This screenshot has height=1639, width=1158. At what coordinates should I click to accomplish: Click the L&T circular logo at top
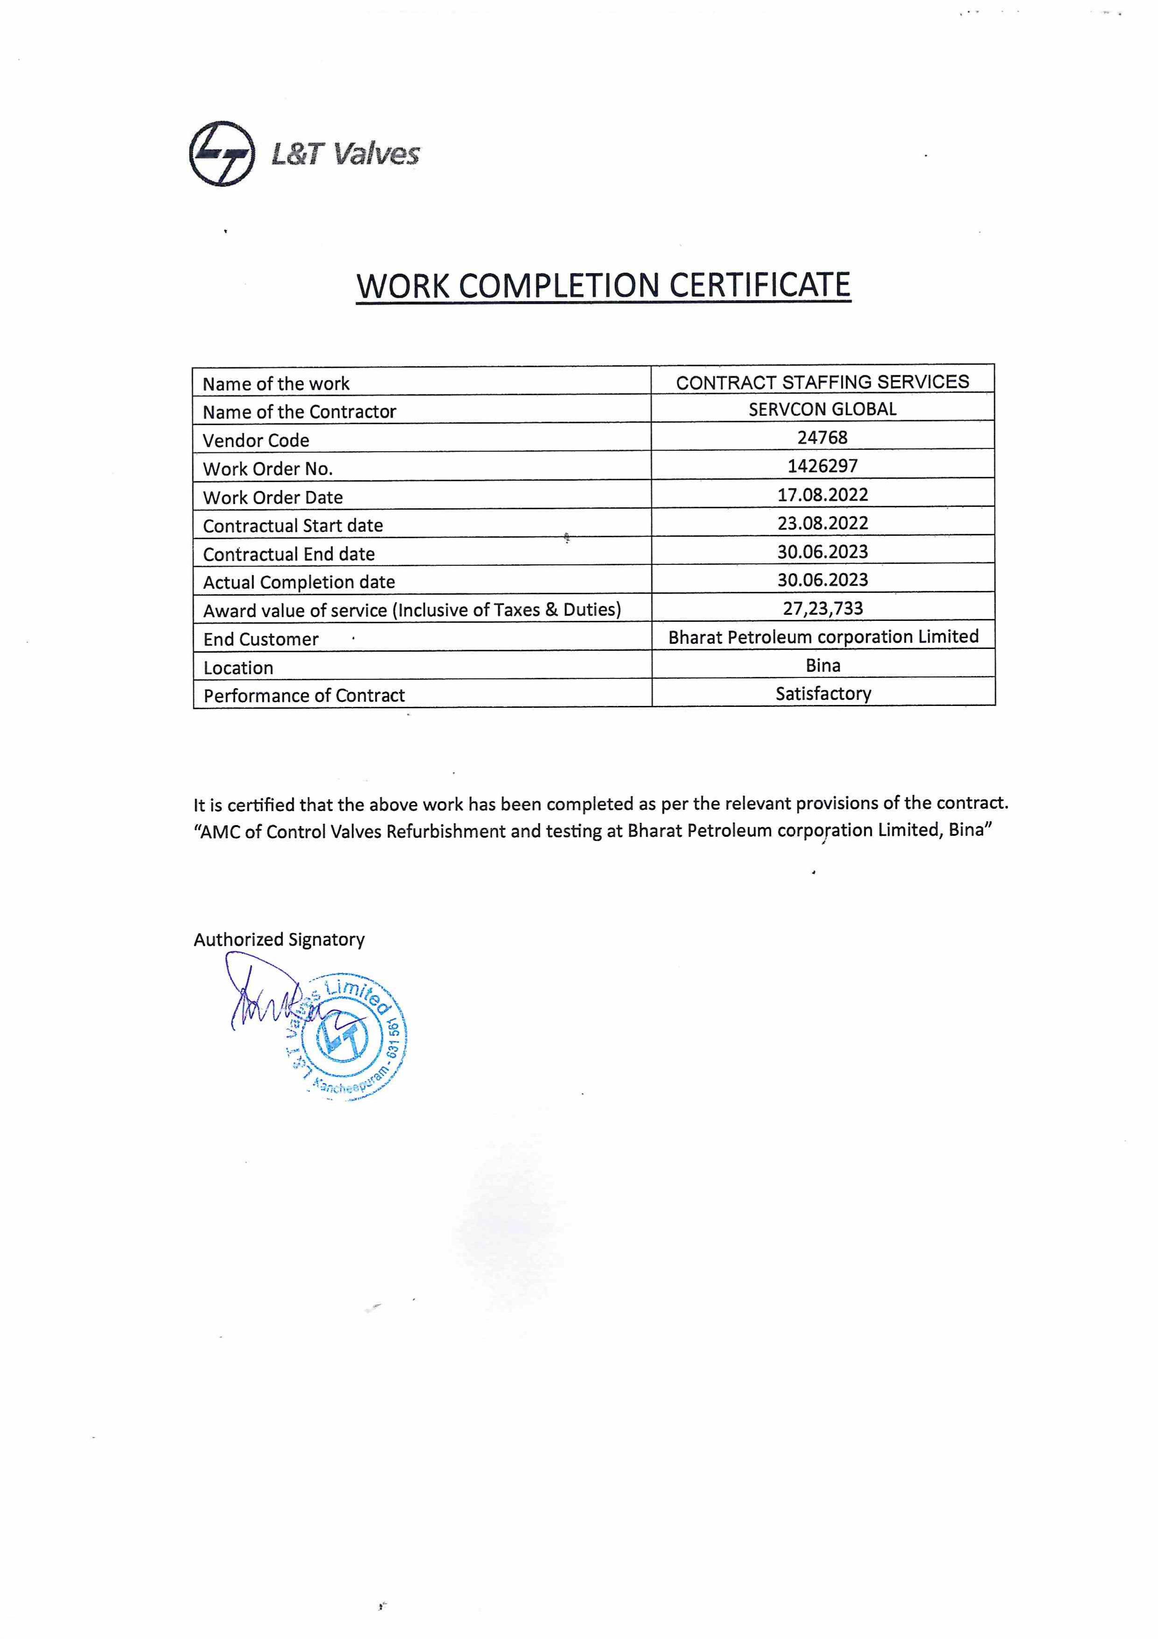(222, 153)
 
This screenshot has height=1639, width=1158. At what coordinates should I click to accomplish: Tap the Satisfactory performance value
(823, 693)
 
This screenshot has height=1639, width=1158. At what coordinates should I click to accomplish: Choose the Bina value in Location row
(823, 665)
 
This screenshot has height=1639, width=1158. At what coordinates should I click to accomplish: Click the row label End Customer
(261, 639)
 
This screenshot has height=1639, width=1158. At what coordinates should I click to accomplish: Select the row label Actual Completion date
(298, 582)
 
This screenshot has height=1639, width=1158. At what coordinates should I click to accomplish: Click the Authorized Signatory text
(279, 940)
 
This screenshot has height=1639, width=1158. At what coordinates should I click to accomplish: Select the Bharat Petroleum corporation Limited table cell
(823, 637)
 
